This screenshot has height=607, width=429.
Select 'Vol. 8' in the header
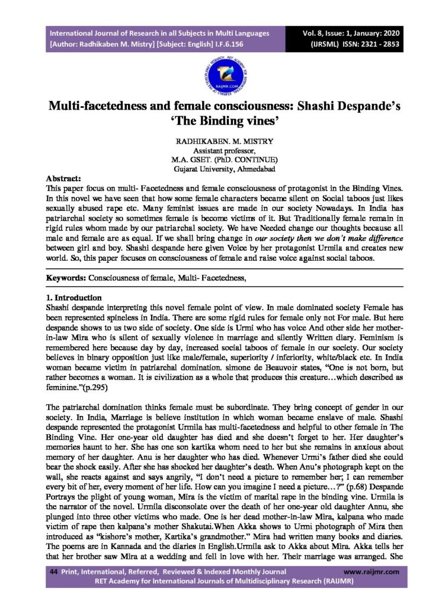tap(315, 33)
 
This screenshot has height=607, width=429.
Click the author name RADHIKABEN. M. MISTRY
tap(214, 143)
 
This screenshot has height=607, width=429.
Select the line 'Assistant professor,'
tap(214, 152)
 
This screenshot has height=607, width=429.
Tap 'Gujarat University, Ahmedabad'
tap(214, 169)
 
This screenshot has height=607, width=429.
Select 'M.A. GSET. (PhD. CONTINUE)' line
tap(214, 160)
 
